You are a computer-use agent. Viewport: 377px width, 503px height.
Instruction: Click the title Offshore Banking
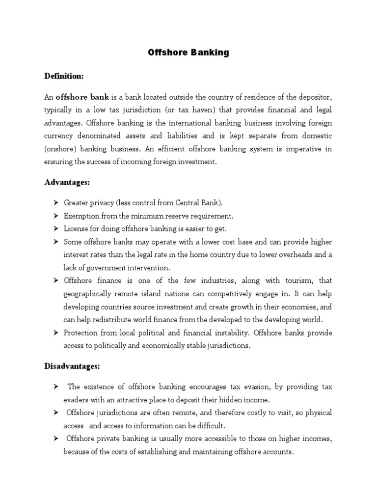coord(188,53)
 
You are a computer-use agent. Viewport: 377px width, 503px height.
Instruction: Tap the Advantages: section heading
coord(66,182)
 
